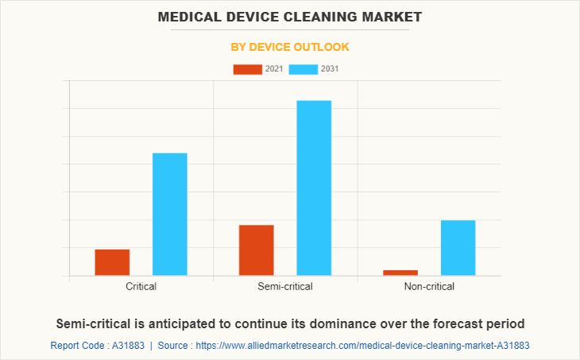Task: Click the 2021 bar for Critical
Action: point(112,262)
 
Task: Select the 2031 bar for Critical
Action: point(169,215)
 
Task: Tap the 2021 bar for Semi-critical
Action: point(256,250)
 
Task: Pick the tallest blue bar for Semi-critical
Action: point(314,188)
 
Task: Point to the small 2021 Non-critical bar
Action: point(400,273)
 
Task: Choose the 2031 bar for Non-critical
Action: point(458,248)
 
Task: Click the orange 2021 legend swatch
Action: point(247,69)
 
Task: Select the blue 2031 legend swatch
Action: point(304,69)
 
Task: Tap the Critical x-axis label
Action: point(141,287)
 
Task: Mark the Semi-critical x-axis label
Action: point(285,287)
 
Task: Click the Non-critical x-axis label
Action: point(429,287)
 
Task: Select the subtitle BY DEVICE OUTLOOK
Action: point(290,48)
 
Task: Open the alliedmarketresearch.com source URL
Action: point(362,346)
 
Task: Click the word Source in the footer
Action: point(175,346)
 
